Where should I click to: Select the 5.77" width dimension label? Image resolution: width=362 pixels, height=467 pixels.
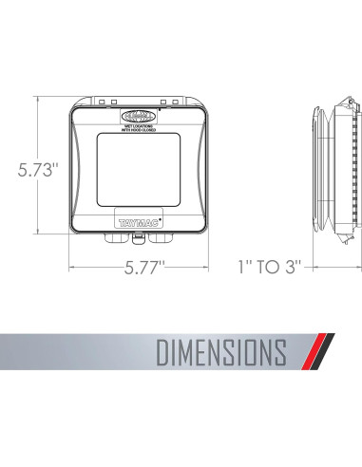pos(139,267)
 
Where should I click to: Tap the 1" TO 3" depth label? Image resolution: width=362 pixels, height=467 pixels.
pos(269,267)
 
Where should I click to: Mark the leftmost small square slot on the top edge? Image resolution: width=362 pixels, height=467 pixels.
pos(102,101)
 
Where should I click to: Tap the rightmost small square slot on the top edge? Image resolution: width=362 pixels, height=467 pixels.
pos(176,101)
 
